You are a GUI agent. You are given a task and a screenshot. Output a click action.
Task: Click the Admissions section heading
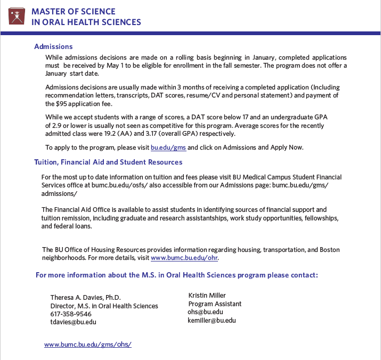point(53,46)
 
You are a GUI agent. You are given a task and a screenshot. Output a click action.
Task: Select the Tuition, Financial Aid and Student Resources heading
point(108,162)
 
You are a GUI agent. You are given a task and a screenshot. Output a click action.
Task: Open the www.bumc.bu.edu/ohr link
point(184,258)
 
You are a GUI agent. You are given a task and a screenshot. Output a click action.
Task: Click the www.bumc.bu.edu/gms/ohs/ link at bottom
point(87,345)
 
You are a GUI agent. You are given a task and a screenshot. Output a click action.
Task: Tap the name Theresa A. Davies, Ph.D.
point(85,298)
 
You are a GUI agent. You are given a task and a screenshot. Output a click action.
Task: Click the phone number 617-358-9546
point(71,314)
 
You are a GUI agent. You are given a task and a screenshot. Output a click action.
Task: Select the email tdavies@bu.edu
point(73,322)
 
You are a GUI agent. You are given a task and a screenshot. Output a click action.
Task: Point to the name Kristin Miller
point(207,296)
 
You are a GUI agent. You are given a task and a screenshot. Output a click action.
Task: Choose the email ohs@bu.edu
point(205,312)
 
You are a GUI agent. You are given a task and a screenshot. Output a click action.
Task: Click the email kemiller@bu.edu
point(212,321)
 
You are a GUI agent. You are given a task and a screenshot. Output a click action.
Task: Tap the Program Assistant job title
point(215,304)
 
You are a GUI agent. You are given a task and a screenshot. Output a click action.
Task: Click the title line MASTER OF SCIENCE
point(73,12)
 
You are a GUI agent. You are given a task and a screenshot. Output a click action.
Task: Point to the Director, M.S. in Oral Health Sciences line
point(104,306)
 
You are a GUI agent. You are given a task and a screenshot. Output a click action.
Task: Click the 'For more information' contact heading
point(176,275)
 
